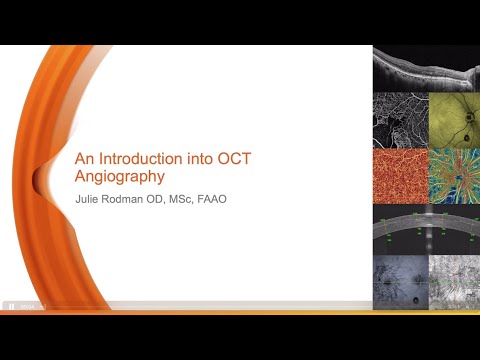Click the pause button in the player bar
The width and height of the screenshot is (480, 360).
pos(10,307)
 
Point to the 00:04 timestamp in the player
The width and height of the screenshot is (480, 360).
pos(26,307)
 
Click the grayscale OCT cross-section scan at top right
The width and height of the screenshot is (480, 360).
pos(425,68)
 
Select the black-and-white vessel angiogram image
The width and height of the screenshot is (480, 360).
pos(398,120)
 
